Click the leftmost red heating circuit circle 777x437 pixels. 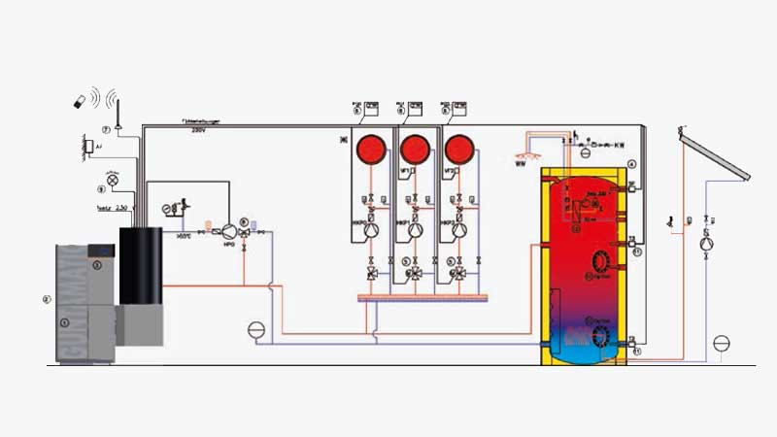point(370,150)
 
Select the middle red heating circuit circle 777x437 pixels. point(415,150)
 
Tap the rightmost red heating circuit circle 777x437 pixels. point(458,150)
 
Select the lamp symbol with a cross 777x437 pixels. point(113,181)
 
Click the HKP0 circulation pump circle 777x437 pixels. point(370,232)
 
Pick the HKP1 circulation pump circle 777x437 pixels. point(415,232)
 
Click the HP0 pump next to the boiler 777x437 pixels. point(229,232)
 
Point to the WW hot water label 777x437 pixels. point(520,163)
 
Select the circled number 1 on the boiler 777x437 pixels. point(66,321)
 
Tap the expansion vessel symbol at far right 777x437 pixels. point(721,342)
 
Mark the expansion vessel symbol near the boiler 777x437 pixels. point(255,330)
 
